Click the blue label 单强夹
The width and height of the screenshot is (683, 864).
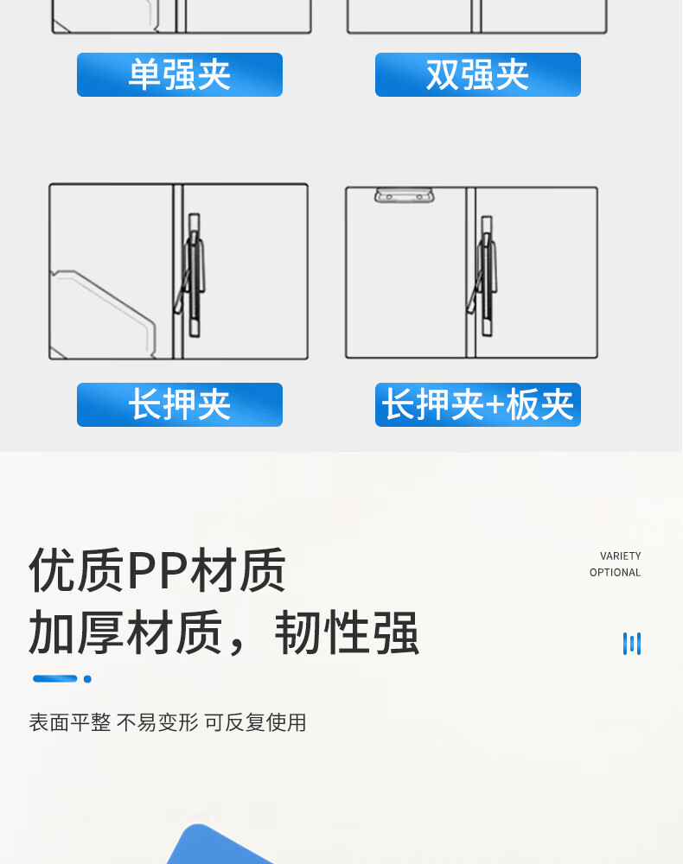[x=180, y=75]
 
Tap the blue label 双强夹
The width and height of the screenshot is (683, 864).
[x=478, y=75]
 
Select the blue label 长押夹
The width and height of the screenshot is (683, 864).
[x=180, y=404]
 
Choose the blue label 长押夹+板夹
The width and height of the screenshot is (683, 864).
[x=478, y=404]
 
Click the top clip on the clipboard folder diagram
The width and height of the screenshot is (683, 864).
[x=405, y=195]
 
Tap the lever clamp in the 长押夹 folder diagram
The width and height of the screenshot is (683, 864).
[x=191, y=275]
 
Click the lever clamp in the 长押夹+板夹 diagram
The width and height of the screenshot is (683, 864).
[x=483, y=276]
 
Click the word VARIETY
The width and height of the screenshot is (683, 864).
[x=620, y=556]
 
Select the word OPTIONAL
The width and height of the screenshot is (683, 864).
[x=616, y=573]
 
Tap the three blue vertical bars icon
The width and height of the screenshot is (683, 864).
[x=632, y=644]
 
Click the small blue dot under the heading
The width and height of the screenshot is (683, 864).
[x=87, y=679]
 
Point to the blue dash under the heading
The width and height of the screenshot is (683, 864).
[x=55, y=679]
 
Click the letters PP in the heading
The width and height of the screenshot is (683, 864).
[x=157, y=571]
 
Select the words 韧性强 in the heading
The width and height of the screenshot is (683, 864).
[x=347, y=632]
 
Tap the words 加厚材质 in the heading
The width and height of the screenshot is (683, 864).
[x=125, y=632]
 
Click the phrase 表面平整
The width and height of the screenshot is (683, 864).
[x=70, y=722]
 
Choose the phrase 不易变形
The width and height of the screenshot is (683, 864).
[x=157, y=722]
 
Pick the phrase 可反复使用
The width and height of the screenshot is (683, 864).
[x=255, y=722]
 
